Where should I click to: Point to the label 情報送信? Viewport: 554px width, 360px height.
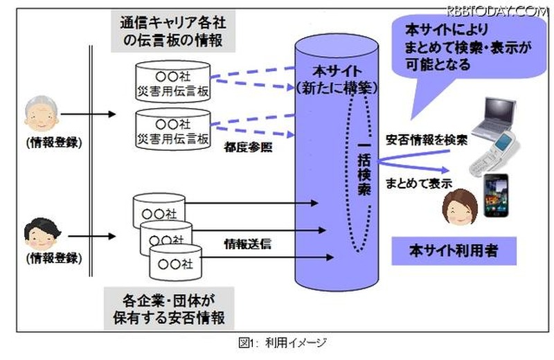[x=247, y=243]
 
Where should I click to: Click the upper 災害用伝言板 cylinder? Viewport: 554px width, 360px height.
[x=173, y=81]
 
